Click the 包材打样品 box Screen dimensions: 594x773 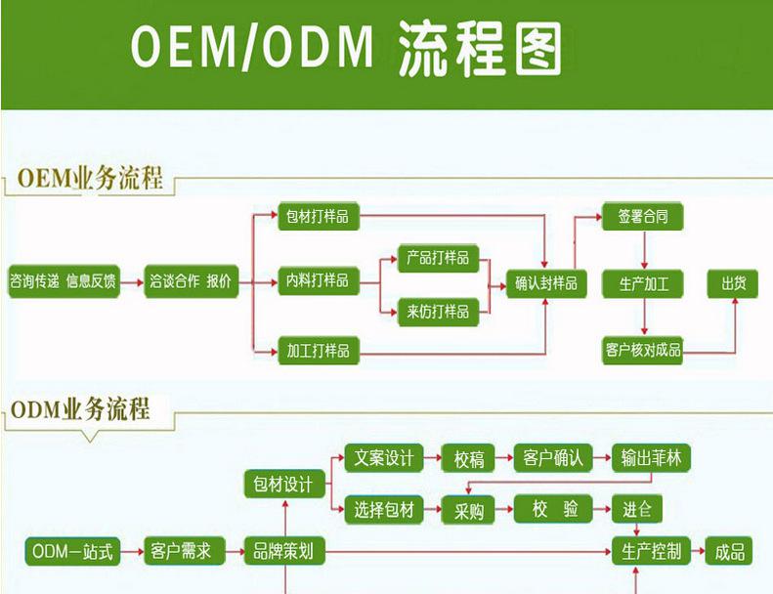point(315,216)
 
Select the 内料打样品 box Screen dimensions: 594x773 point(315,281)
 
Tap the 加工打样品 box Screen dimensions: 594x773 point(315,349)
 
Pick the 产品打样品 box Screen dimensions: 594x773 point(437,259)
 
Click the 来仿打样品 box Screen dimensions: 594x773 point(437,312)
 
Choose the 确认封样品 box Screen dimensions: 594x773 point(545,283)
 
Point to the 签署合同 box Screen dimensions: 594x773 point(643,216)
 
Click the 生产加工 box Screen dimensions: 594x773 point(643,283)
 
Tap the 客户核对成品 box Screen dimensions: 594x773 point(643,349)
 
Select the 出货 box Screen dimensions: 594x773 point(733,283)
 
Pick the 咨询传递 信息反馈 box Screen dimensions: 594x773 point(63,281)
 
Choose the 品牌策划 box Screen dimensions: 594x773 point(283,551)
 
